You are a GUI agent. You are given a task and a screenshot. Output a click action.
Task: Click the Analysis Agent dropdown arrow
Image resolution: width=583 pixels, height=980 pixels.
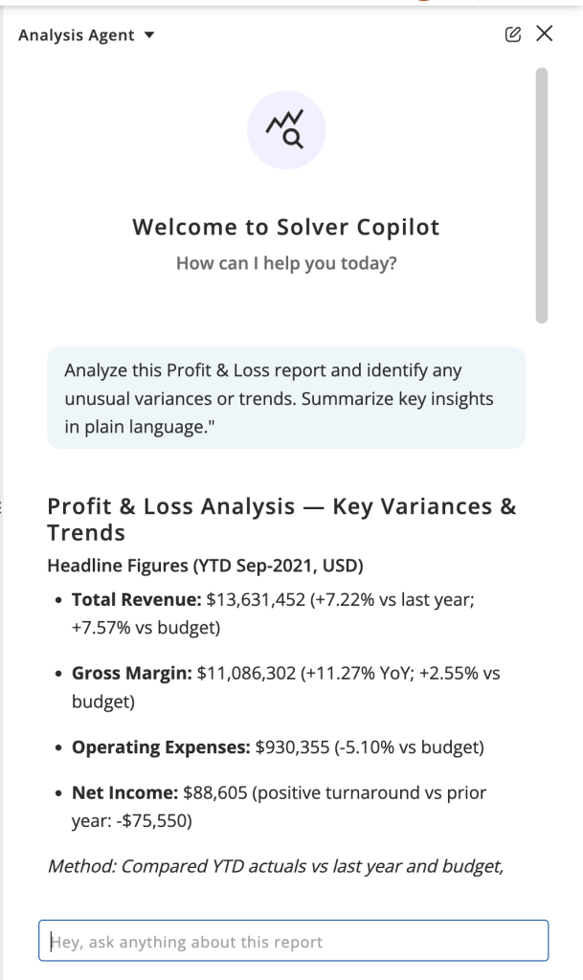point(148,36)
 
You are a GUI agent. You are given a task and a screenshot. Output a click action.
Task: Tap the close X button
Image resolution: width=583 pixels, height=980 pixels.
point(545,34)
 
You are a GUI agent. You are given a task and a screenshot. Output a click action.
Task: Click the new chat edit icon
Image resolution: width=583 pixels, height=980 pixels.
point(513,34)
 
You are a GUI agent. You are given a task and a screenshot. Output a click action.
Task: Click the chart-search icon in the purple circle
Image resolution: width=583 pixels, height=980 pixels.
point(286,130)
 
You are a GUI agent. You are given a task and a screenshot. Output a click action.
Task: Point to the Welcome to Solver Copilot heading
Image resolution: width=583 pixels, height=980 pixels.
point(286,227)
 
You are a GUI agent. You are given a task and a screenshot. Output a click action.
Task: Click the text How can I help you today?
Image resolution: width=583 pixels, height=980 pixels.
point(286,264)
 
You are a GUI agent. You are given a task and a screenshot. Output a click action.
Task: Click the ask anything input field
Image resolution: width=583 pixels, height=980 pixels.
point(293,941)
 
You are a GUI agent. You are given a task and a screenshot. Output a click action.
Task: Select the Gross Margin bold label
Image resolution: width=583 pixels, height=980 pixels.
point(132,674)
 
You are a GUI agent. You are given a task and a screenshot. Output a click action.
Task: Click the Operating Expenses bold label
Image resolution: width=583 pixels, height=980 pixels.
point(162,746)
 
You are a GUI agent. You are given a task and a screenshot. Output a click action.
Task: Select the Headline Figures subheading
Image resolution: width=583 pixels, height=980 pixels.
point(205,565)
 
